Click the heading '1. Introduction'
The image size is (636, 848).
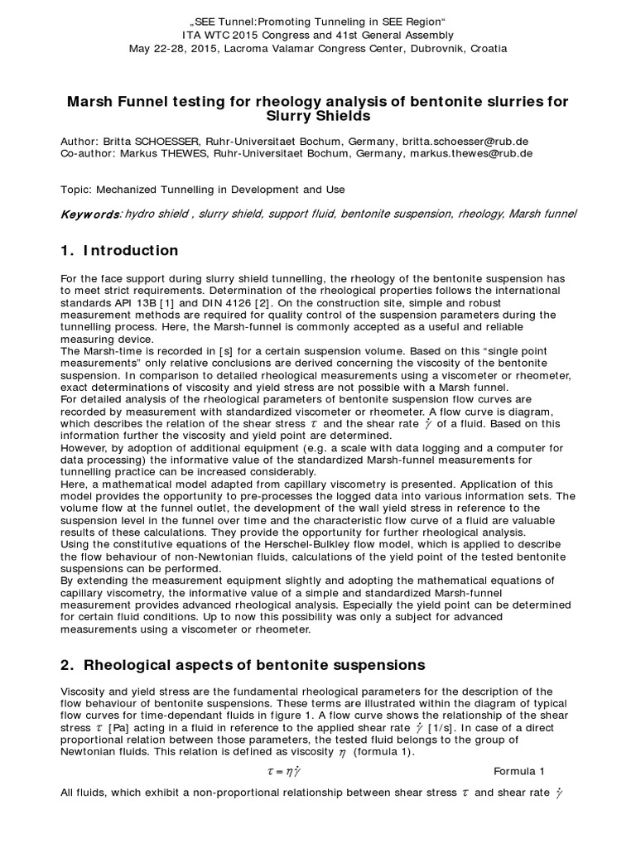click(x=120, y=250)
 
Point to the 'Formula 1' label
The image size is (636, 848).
click(x=520, y=771)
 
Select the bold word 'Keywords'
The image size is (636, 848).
click(x=90, y=214)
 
